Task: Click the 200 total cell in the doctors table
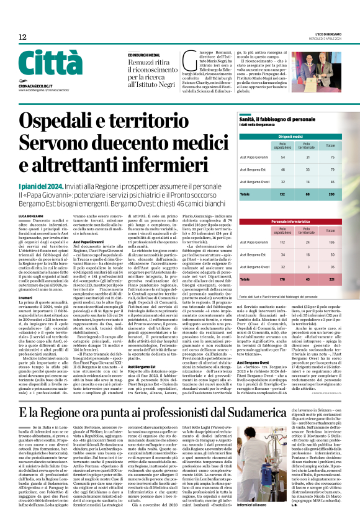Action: pos(330,194)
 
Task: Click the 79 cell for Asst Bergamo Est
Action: pos(330,169)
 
